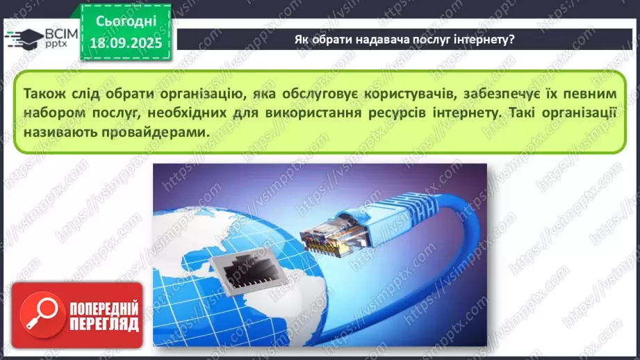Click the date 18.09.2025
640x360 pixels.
126,42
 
